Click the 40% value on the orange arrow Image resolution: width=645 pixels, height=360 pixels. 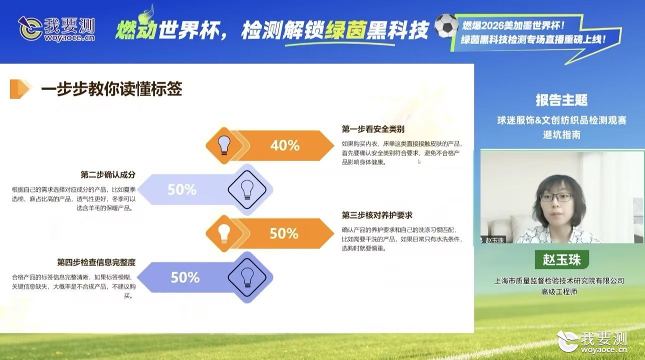tap(285, 145)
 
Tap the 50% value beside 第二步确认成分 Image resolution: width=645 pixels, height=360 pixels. tap(182, 189)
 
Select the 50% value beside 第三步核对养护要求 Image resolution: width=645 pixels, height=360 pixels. tap(284, 233)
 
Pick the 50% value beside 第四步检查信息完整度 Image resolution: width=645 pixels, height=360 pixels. tap(185, 277)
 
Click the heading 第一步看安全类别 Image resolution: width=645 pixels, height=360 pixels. tap(373, 129)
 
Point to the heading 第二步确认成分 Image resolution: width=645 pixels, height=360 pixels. tap(108, 174)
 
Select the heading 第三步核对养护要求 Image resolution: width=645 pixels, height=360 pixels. tap(377, 215)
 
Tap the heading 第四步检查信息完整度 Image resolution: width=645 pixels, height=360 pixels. tap(96, 262)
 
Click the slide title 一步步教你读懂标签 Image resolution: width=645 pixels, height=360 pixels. tap(111, 88)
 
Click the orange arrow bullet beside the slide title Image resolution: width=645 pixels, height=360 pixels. tap(19, 89)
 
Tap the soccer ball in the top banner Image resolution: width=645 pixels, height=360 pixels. tap(446, 25)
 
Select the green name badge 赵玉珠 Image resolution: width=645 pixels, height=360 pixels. tap(562, 260)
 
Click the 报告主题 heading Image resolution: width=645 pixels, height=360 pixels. tap(562, 100)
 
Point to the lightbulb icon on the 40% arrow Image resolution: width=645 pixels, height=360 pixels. tap(224, 145)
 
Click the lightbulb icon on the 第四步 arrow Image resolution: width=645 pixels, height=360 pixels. tap(247, 277)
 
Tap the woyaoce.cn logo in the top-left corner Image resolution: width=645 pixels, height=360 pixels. tap(56, 29)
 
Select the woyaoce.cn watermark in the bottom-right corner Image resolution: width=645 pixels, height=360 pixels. tap(592, 342)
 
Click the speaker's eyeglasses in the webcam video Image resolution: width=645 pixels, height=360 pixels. tap(555, 197)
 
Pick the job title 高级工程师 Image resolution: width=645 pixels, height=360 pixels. tap(559, 292)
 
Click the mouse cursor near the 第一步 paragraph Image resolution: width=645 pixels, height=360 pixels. tap(419, 161)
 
